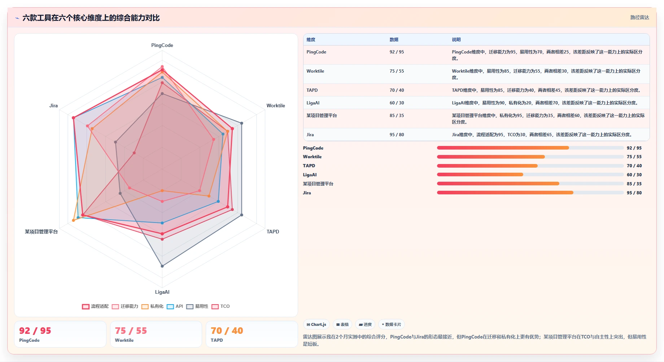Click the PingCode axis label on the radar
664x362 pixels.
coord(162,45)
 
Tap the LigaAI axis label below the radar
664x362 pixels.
coord(162,292)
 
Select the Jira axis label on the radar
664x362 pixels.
coord(53,105)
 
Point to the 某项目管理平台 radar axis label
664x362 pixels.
coord(41,232)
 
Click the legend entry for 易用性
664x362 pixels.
coord(197,306)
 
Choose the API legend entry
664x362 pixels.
coord(175,306)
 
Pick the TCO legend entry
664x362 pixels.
coord(220,306)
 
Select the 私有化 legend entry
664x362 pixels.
coord(152,306)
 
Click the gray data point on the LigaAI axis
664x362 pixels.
coord(162,266)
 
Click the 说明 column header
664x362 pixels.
coord(456,40)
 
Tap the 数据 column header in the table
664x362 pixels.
coord(394,40)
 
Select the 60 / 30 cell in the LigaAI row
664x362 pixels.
coord(397,103)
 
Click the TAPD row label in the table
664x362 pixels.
coord(312,90)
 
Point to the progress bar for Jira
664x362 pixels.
coord(530,193)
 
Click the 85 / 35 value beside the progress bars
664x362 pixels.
coord(634,184)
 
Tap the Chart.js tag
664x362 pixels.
coord(316,324)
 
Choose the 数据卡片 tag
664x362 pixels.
coord(391,324)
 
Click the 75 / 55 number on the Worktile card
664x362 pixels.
coord(131,331)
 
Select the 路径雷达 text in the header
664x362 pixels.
coord(639,17)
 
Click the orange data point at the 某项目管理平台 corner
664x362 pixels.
coord(74,220)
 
